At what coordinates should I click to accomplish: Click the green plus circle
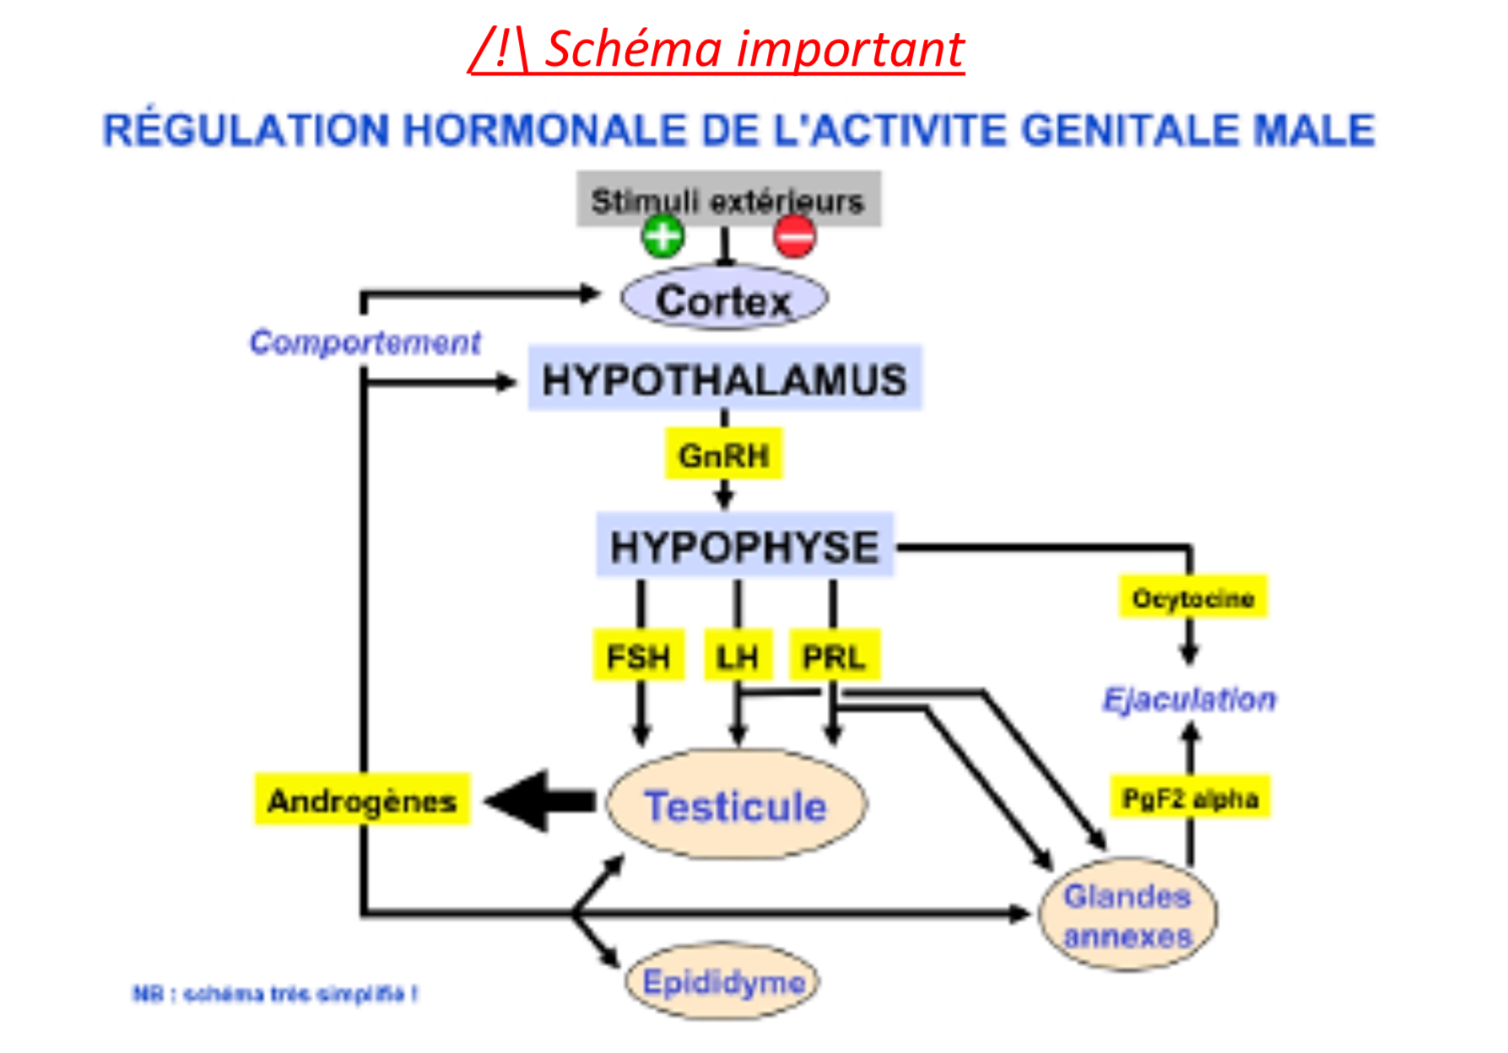pos(663,235)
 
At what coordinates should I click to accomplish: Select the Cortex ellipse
pos(724,300)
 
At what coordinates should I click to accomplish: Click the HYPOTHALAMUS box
pos(724,379)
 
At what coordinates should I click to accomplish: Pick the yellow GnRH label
pos(724,455)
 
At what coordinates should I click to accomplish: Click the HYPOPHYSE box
pos(744,546)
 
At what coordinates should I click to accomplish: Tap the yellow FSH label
pos(639,656)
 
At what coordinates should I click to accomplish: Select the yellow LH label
pos(738,656)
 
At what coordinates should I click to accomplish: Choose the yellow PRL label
pos(834,656)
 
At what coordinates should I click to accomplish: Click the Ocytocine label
pos(1192,597)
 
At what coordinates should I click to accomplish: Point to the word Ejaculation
pos(1189,699)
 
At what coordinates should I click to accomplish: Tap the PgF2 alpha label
pos(1190,797)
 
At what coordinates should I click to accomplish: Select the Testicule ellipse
pos(736,805)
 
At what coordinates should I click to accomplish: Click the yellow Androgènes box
pos(362,799)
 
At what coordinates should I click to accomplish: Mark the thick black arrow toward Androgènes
pos(540,801)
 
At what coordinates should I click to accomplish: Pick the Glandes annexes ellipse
pos(1127,915)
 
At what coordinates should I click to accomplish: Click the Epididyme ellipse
pos(723,981)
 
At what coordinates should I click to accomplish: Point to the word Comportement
pos(365,342)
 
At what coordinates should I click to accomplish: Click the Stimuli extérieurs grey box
pos(728,198)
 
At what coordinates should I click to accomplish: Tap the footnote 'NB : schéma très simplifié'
pos(275,994)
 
